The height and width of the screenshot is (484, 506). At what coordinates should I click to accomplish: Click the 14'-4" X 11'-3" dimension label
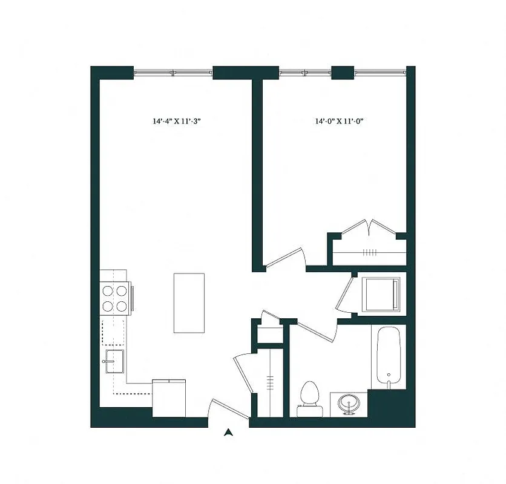pos(176,121)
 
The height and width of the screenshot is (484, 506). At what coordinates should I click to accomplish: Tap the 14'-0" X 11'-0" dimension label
pos(338,121)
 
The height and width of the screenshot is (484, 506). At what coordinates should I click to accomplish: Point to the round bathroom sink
pos(349,404)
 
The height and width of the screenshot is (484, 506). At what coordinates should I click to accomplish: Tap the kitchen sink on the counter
pos(114,362)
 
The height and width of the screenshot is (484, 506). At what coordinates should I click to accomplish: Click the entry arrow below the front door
pos(228,432)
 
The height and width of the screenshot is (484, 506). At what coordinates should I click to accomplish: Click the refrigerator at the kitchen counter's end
pos(168,397)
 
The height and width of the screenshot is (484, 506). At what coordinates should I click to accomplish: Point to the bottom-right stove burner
pos(122,306)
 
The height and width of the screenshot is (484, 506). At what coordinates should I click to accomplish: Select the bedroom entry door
pos(284,259)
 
